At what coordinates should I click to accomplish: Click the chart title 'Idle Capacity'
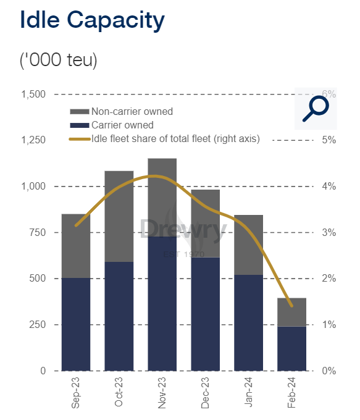[92, 20]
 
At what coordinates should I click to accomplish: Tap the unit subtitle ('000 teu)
[59, 60]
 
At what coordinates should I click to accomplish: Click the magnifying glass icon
[316, 109]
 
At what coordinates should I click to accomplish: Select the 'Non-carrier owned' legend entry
[122, 111]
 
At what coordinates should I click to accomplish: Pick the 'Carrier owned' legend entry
[112, 125]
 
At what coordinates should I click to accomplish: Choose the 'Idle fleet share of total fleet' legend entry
[164, 139]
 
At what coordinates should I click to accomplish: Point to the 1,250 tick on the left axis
[33, 140]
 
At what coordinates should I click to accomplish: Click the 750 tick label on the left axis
[37, 232]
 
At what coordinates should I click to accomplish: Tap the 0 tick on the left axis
[43, 371]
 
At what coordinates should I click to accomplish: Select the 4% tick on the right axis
[329, 186]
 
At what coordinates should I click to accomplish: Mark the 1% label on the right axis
[329, 325]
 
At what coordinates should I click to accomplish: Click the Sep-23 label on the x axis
[75, 393]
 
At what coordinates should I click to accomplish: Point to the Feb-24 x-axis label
[291, 393]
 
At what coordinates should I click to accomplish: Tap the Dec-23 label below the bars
[205, 393]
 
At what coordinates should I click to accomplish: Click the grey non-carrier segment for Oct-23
[119, 216]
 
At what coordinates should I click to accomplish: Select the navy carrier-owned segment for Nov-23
[162, 304]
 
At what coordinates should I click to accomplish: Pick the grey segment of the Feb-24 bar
[291, 313]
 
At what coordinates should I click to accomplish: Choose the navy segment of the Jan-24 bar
[249, 323]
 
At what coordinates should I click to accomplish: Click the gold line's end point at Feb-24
[291, 306]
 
